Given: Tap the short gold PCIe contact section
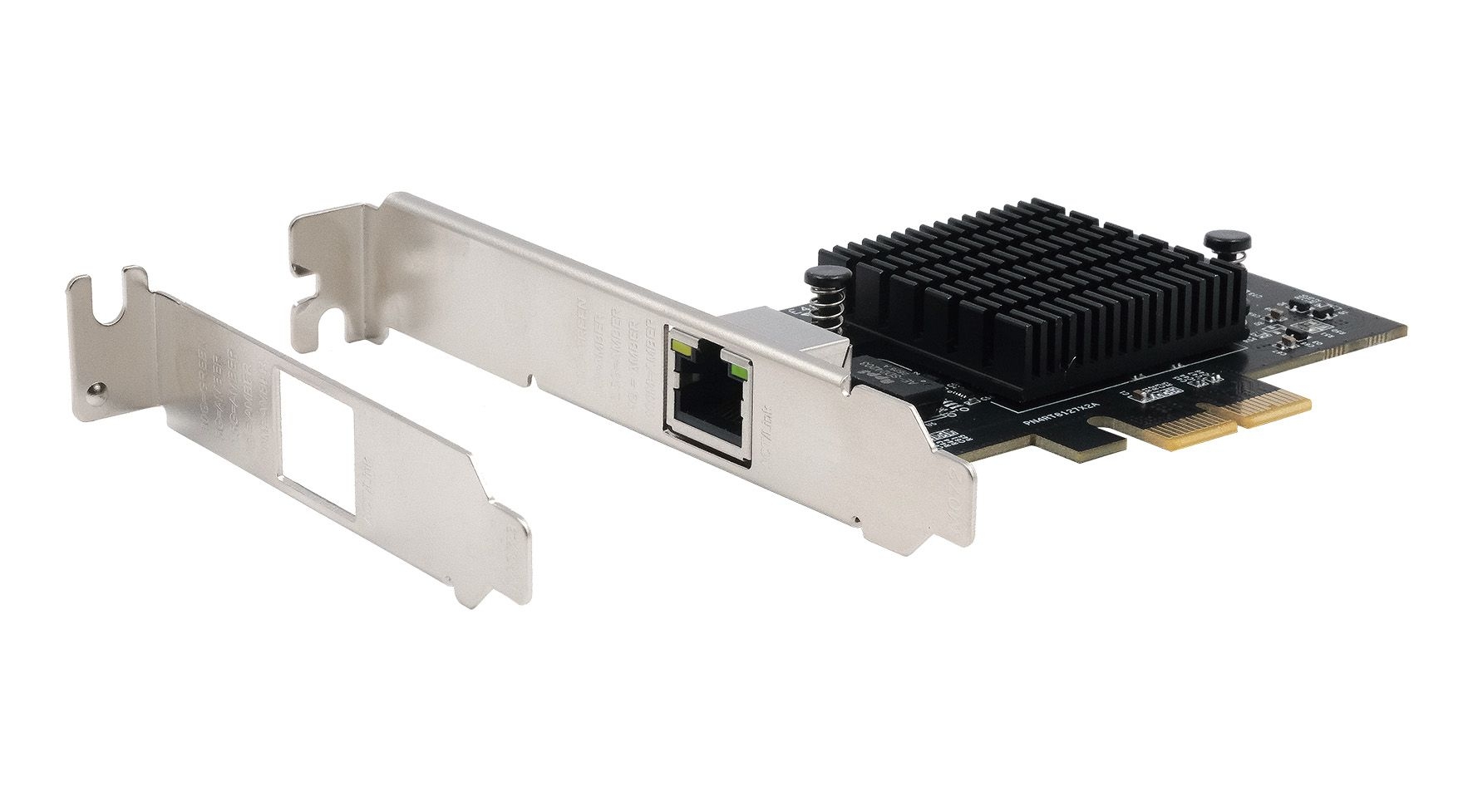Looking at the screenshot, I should [1276, 406].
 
